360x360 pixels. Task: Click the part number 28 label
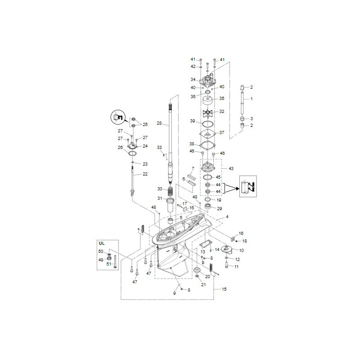159,123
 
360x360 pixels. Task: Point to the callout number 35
221,99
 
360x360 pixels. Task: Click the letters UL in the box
101,243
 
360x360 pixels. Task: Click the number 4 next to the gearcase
227,217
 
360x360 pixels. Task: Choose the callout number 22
145,174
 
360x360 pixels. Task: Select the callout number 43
231,168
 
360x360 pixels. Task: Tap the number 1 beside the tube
252,99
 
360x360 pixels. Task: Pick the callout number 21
203,284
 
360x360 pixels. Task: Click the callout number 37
221,133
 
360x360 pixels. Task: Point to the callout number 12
238,260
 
